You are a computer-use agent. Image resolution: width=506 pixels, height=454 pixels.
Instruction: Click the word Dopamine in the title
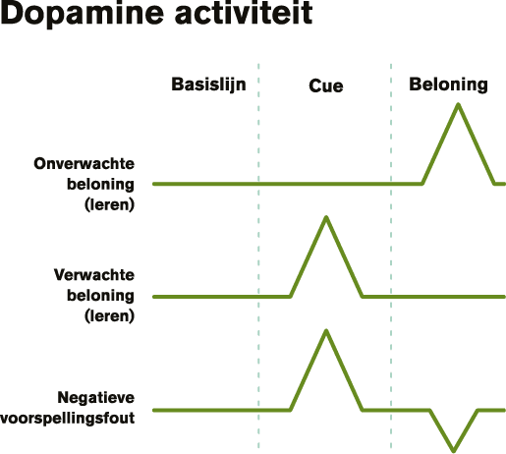pyautogui.click(x=82, y=14)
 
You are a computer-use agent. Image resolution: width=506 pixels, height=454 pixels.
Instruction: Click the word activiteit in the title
pyautogui.click(x=244, y=13)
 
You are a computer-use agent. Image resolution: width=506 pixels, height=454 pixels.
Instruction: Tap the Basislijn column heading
pyautogui.click(x=208, y=85)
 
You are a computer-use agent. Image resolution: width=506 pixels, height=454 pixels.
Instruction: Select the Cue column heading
pyautogui.click(x=326, y=86)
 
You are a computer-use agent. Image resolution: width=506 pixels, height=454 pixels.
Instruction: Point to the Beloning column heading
pyautogui.click(x=448, y=85)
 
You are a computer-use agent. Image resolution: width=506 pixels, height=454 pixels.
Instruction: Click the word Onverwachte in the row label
pyautogui.click(x=84, y=163)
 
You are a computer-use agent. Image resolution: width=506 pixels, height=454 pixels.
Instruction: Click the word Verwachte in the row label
pyautogui.click(x=94, y=275)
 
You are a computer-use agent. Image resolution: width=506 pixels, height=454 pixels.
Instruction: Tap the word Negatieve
pyautogui.click(x=96, y=398)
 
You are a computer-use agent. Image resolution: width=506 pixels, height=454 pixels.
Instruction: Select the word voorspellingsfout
pyautogui.click(x=68, y=419)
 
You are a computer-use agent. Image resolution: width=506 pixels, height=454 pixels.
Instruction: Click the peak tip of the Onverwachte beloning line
pyautogui.click(x=458, y=104)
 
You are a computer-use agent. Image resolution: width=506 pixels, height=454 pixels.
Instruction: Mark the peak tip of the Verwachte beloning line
pyautogui.click(x=326, y=217)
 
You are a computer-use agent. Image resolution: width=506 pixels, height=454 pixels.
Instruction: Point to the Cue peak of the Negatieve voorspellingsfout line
pyautogui.click(x=326, y=331)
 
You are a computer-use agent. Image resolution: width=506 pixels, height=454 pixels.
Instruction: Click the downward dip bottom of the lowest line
pyautogui.click(x=454, y=451)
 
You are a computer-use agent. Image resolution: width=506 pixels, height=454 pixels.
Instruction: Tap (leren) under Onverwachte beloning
pyautogui.click(x=109, y=205)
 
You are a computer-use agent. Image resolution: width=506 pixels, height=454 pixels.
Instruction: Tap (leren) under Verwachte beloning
pyautogui.click(x=109, y=316)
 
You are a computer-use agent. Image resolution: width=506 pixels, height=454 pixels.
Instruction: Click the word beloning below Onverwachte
pyautogui.click(x=100, y=185)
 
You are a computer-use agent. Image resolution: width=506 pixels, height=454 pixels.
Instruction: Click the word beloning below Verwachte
pyautogui.click(x=100, y=296)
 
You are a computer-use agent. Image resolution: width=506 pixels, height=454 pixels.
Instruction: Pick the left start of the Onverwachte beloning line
pyautogui.click(x=154, y=184)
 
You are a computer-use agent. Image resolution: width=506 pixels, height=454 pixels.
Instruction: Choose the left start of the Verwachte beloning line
pyautogui.click(x=154, y=297)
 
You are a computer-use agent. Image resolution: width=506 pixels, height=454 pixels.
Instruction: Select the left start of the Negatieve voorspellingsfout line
pyautogui.click(x=154, y=410)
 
